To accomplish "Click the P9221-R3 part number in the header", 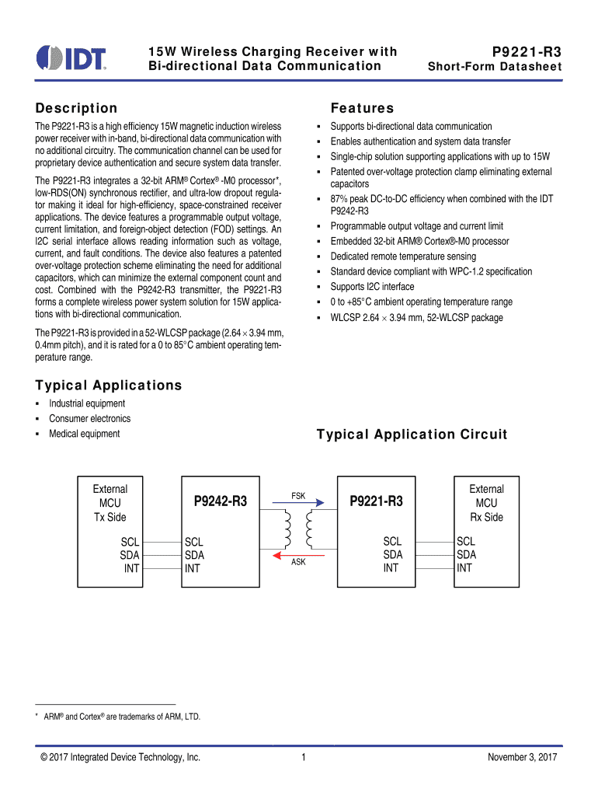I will point(527,51).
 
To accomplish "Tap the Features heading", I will point(362,108).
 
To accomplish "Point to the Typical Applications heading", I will point(109,386).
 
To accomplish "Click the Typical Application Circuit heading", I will point(412,435).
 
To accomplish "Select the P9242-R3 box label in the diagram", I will point(220,502).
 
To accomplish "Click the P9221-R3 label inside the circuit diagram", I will point(377,502).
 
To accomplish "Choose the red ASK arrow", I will point(298,554).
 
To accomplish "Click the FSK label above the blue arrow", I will point(298,496).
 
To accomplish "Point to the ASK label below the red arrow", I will point(298,562).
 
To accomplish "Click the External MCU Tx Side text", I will point(110,503).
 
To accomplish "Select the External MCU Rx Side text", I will point(486,503).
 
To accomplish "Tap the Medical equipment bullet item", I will point(85,434).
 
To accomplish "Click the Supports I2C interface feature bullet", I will point(372,287).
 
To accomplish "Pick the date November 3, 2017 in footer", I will point(523,757).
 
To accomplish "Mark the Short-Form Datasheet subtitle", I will point(495,67).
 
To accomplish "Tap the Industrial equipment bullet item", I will point(87,403).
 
